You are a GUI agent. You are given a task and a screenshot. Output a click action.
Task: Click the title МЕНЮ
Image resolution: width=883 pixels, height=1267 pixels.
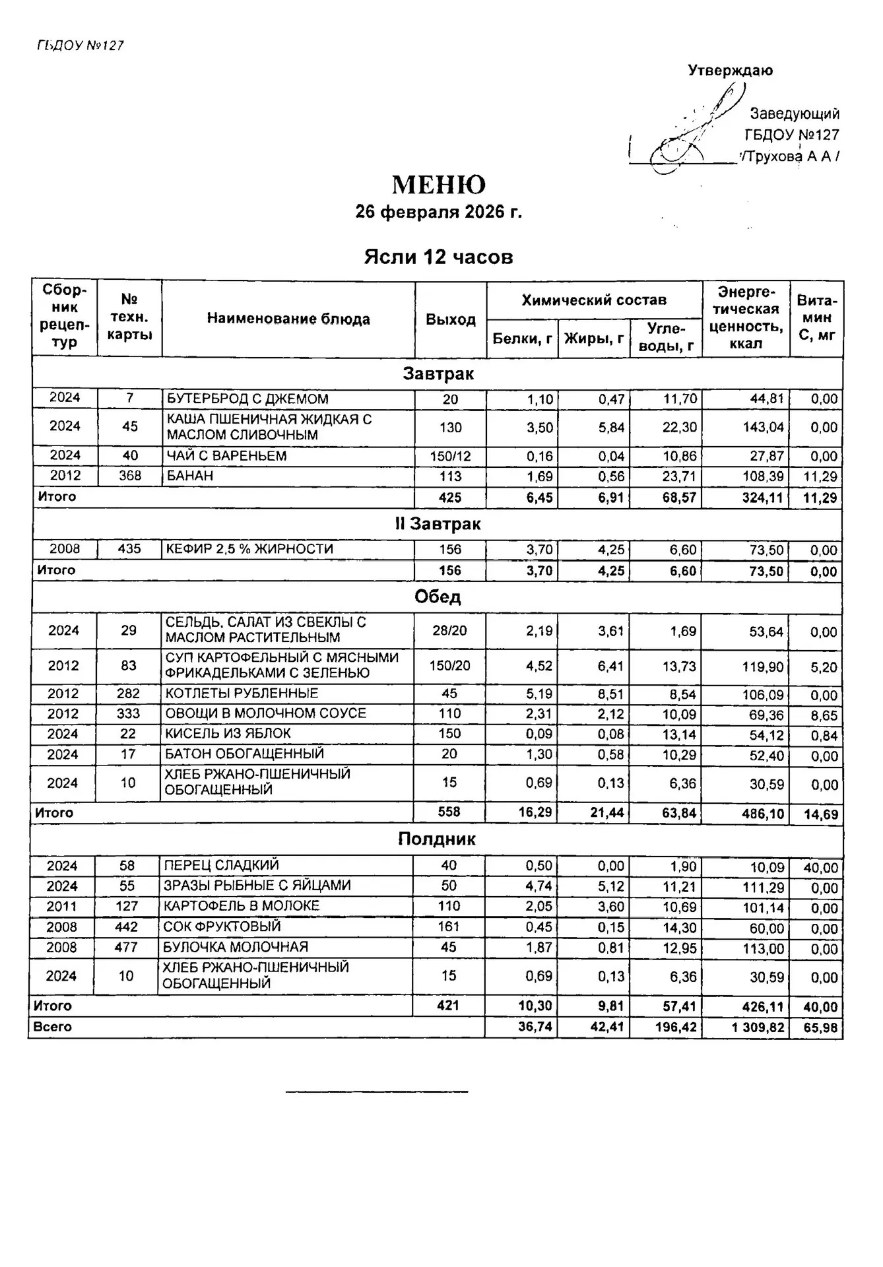[439, 185]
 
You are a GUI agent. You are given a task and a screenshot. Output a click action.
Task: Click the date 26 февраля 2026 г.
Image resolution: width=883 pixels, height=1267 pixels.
[439, 212]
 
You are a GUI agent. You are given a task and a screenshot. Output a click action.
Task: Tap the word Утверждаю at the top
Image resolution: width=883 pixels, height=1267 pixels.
[731, 71]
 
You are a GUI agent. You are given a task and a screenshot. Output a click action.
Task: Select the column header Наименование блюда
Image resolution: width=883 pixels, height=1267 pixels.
[288, 319]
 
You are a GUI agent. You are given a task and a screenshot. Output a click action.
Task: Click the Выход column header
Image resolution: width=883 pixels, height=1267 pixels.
[451, 320]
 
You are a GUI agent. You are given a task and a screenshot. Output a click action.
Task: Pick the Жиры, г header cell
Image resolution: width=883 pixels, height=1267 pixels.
[594, 339]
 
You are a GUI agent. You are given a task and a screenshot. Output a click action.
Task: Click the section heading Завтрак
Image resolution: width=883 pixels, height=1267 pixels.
[438, 374]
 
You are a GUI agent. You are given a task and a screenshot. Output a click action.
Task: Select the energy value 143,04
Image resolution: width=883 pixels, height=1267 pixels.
[764, 428]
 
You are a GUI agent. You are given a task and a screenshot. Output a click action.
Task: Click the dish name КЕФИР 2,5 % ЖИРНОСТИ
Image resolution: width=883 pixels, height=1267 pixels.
[249, 549]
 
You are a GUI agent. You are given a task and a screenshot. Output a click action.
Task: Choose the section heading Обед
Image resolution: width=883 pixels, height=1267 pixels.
[438, 597]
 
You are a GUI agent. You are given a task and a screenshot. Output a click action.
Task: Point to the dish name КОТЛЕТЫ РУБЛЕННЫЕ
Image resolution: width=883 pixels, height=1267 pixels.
[242, 694]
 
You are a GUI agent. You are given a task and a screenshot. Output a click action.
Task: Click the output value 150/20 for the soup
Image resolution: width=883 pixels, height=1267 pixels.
[450, 666]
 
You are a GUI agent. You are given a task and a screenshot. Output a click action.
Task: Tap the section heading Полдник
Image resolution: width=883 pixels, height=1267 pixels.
[437, 839]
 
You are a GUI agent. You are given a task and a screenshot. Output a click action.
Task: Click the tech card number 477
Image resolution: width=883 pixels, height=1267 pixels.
[126, 948]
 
